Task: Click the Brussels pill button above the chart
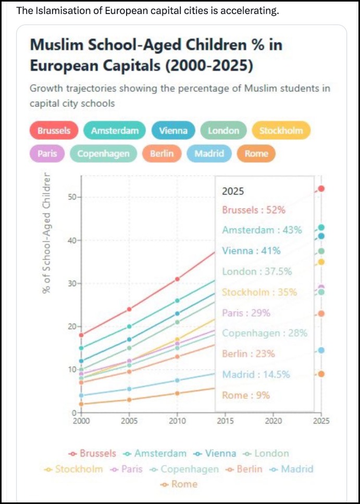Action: point(54,131)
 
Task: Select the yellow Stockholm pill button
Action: point(281,131)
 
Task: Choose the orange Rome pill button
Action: point(256,154)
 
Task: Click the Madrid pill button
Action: point(209,154)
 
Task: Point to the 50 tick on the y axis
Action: point(71,197)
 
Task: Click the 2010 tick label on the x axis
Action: point(177,421)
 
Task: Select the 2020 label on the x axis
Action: point(274,421)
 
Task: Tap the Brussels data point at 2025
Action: point(321,188)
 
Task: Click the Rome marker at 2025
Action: point(321,374)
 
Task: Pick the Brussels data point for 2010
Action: point(177,279)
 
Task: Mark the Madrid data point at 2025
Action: point(321,350)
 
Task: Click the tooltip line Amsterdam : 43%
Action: point(262,230)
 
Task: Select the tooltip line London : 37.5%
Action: point(257,271)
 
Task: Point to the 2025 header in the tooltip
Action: point(233,191)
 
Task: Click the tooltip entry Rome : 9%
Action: point(246,395)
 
